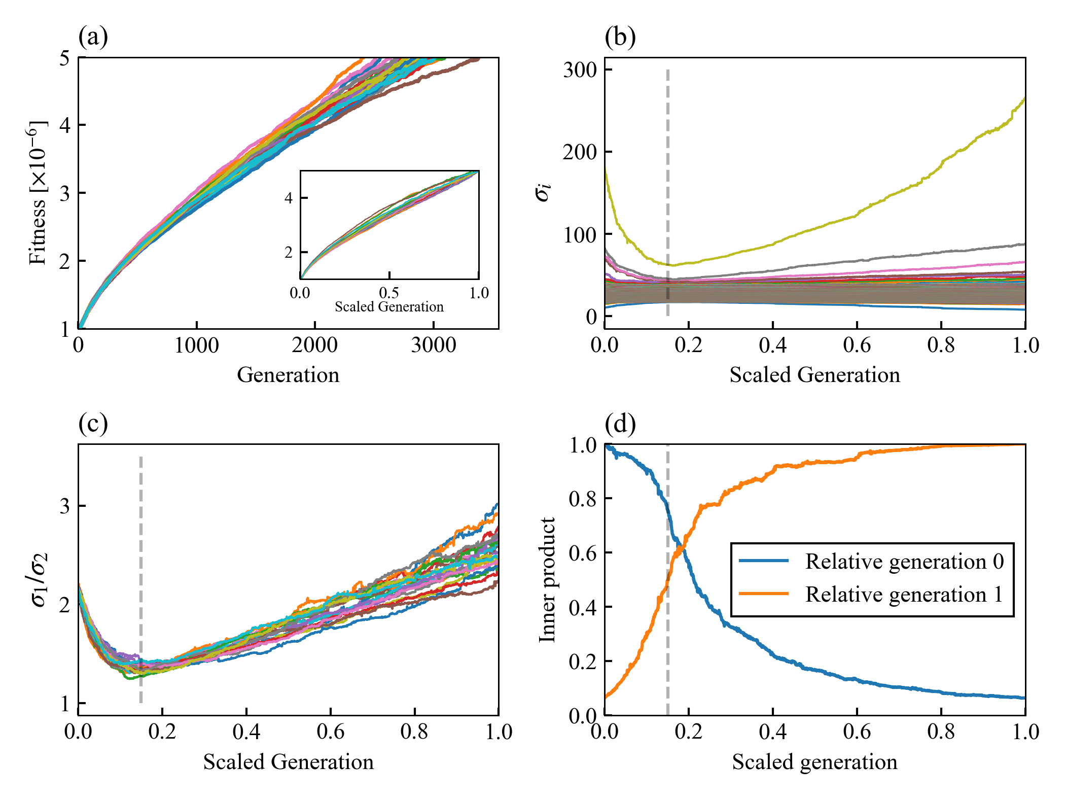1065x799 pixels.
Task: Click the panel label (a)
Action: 93,37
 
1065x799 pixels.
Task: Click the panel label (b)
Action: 620,37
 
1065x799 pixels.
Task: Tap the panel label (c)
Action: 93,424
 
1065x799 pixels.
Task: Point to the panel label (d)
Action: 620,424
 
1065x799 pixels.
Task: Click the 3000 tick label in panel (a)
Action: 433,345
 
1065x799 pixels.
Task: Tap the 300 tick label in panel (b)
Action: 580,70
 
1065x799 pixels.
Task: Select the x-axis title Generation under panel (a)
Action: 288,375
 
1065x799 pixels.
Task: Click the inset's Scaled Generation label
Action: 389,306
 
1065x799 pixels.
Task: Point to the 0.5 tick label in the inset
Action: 389,293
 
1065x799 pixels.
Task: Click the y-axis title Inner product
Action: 547,580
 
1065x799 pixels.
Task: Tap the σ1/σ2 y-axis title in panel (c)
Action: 39,580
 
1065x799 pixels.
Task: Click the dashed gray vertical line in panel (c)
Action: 141,578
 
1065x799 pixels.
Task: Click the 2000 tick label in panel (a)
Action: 314,345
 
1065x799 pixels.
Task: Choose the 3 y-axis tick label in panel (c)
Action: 64,506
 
